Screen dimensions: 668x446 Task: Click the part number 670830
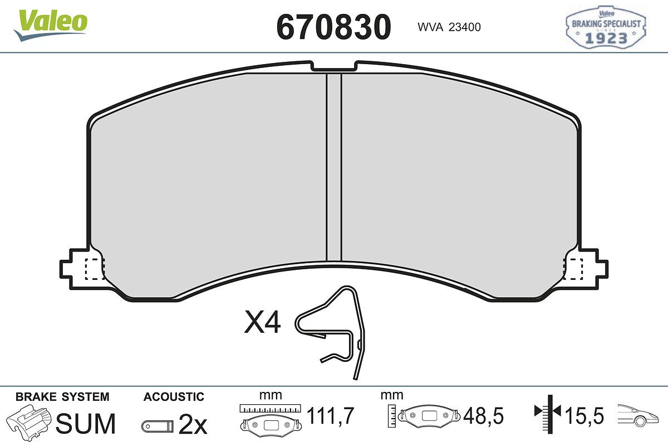tap(333, 27)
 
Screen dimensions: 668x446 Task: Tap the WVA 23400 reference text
tap(449, 27)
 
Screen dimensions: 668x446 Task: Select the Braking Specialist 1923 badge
tap(606, 27)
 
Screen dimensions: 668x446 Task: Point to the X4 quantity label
tap(262, 322)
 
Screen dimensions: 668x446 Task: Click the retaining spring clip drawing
tap(331, 332)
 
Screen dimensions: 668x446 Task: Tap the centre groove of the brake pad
tap(334, 167)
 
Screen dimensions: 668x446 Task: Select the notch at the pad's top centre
tap(334, 66)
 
